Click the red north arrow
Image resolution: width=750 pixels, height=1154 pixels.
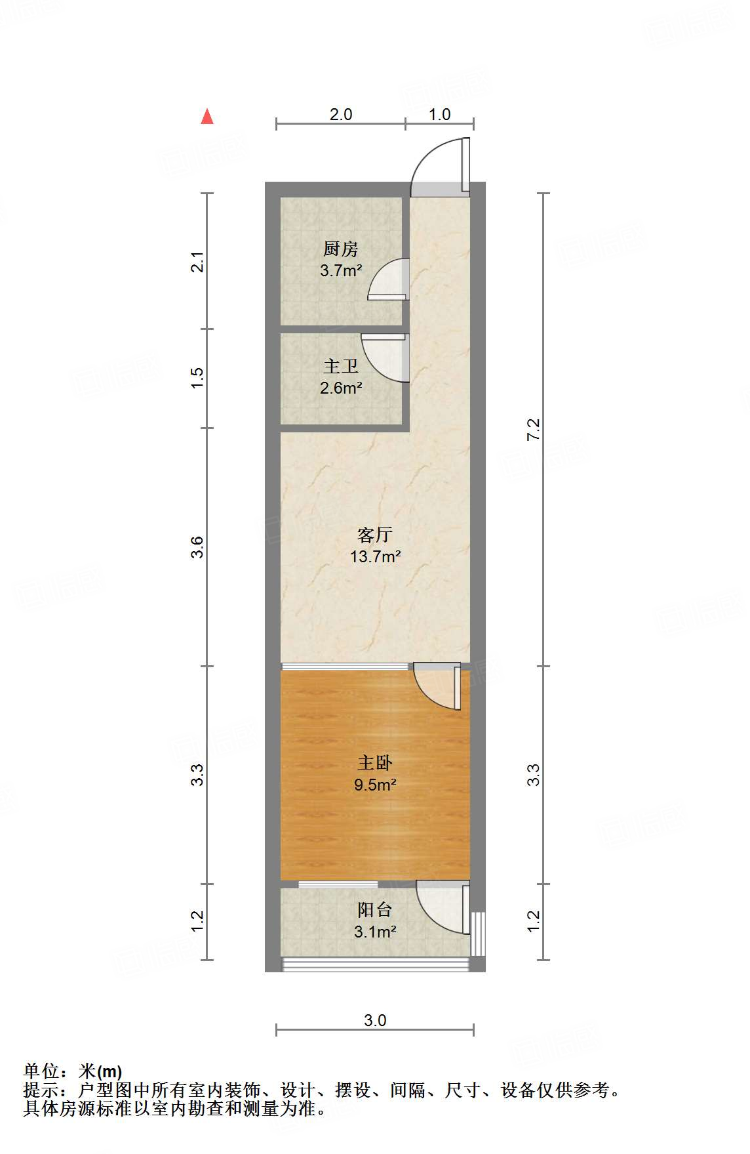click(207, 117)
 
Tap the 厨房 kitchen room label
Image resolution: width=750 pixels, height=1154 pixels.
click(341, 249)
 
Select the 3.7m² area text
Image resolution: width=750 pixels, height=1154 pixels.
click(341, 270)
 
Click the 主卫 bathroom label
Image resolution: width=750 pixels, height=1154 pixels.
click(341, 366)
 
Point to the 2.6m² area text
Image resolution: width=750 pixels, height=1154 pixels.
click(341, 388)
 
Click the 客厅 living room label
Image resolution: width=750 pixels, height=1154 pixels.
click(375, 535)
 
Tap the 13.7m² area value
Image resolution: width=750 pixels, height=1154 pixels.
click(375, 557)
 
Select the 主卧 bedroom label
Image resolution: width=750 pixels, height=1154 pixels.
click(375, 762)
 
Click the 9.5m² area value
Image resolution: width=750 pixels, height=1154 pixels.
click(375, 785)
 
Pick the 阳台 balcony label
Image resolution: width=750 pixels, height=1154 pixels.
click(375, 909)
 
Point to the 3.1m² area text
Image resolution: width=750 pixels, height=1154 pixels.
click(375, 932)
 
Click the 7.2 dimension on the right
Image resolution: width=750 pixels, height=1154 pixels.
click(534, 429)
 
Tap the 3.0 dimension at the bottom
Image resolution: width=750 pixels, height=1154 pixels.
click(375, 1020)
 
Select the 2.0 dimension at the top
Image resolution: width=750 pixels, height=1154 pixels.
click(341, 114)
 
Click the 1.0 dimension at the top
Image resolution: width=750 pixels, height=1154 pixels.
click(439, 114)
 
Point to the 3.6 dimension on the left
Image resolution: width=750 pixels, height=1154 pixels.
click(197, 547)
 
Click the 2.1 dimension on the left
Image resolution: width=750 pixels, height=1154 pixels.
click(197, 262)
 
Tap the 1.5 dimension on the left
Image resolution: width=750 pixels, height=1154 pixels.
click(197, 378)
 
